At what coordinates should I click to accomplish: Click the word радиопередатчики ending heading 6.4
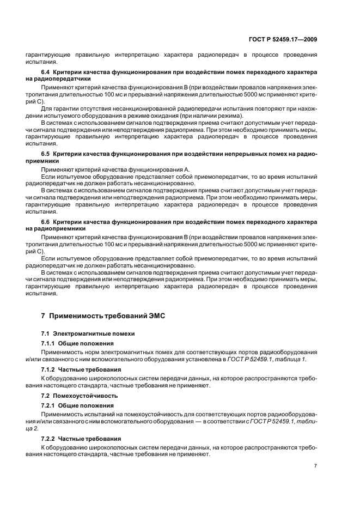click(x=60, y=78)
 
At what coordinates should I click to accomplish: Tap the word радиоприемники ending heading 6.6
click(x=57, y=229)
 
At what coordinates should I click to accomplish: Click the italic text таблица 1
click(x=292, y=359)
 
